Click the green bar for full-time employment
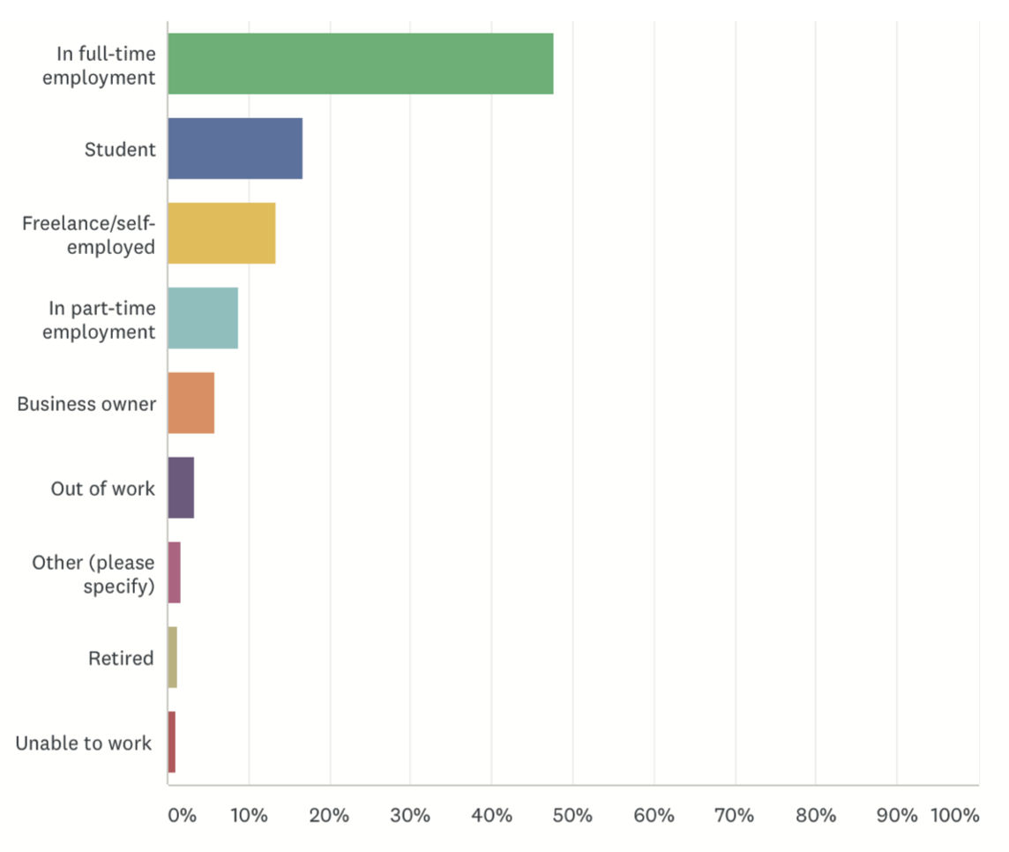coord(361,64)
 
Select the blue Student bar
coord(235,148)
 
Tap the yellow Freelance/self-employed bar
coord(221,233)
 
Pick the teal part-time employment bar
coord(203,318)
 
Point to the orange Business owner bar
coord(191,403)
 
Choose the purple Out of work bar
coord(181,488)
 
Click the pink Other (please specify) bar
coord(175,572)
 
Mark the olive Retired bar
coord(173,657)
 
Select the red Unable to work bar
coord(172,742)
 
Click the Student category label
coord(120,149)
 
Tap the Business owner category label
coord(86,404)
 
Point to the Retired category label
coord(121,658)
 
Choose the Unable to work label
coord(84,743)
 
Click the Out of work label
coord(102,489)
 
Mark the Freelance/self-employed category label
coord(88,234)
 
